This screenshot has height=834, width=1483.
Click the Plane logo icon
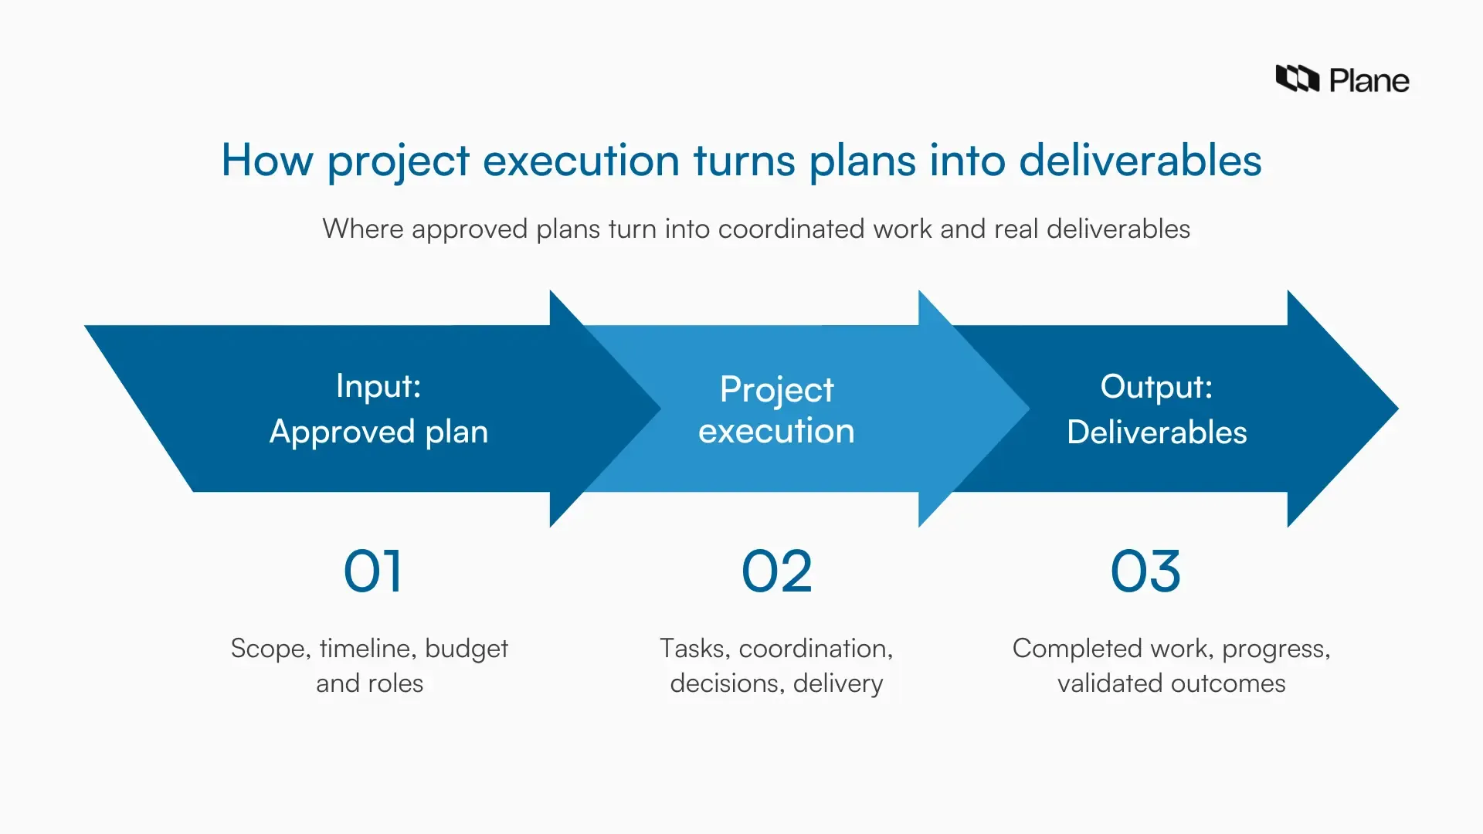(x=1297, y=79)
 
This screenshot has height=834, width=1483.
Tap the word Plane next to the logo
(x=1369, y=80)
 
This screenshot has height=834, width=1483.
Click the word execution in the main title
(x=581, y=161)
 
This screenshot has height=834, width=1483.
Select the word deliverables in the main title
(x=1140, y=161)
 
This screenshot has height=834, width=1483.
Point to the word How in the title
(x=267, y=161)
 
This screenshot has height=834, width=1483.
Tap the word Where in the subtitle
(x=362, y=229)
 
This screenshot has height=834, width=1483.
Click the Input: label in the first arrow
(x=378, y=386)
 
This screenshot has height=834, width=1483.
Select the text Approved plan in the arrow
(x=378, y=432)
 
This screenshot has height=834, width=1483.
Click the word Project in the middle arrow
(x=776, y=389)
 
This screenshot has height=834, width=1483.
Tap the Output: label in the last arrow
(x=1156, y=387)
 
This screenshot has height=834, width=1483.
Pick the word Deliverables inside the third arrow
(x=1156, y=432)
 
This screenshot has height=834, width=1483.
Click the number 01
(x=373, y=572)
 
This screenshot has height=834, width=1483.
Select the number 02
(x=776, y=572)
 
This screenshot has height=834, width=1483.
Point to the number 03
(x=1145, y=572)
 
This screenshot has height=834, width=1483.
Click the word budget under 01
(x=467, y=649)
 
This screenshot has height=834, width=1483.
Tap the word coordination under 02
(x=815, y=649)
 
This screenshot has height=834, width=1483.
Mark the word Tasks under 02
(x=694, y=649)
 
